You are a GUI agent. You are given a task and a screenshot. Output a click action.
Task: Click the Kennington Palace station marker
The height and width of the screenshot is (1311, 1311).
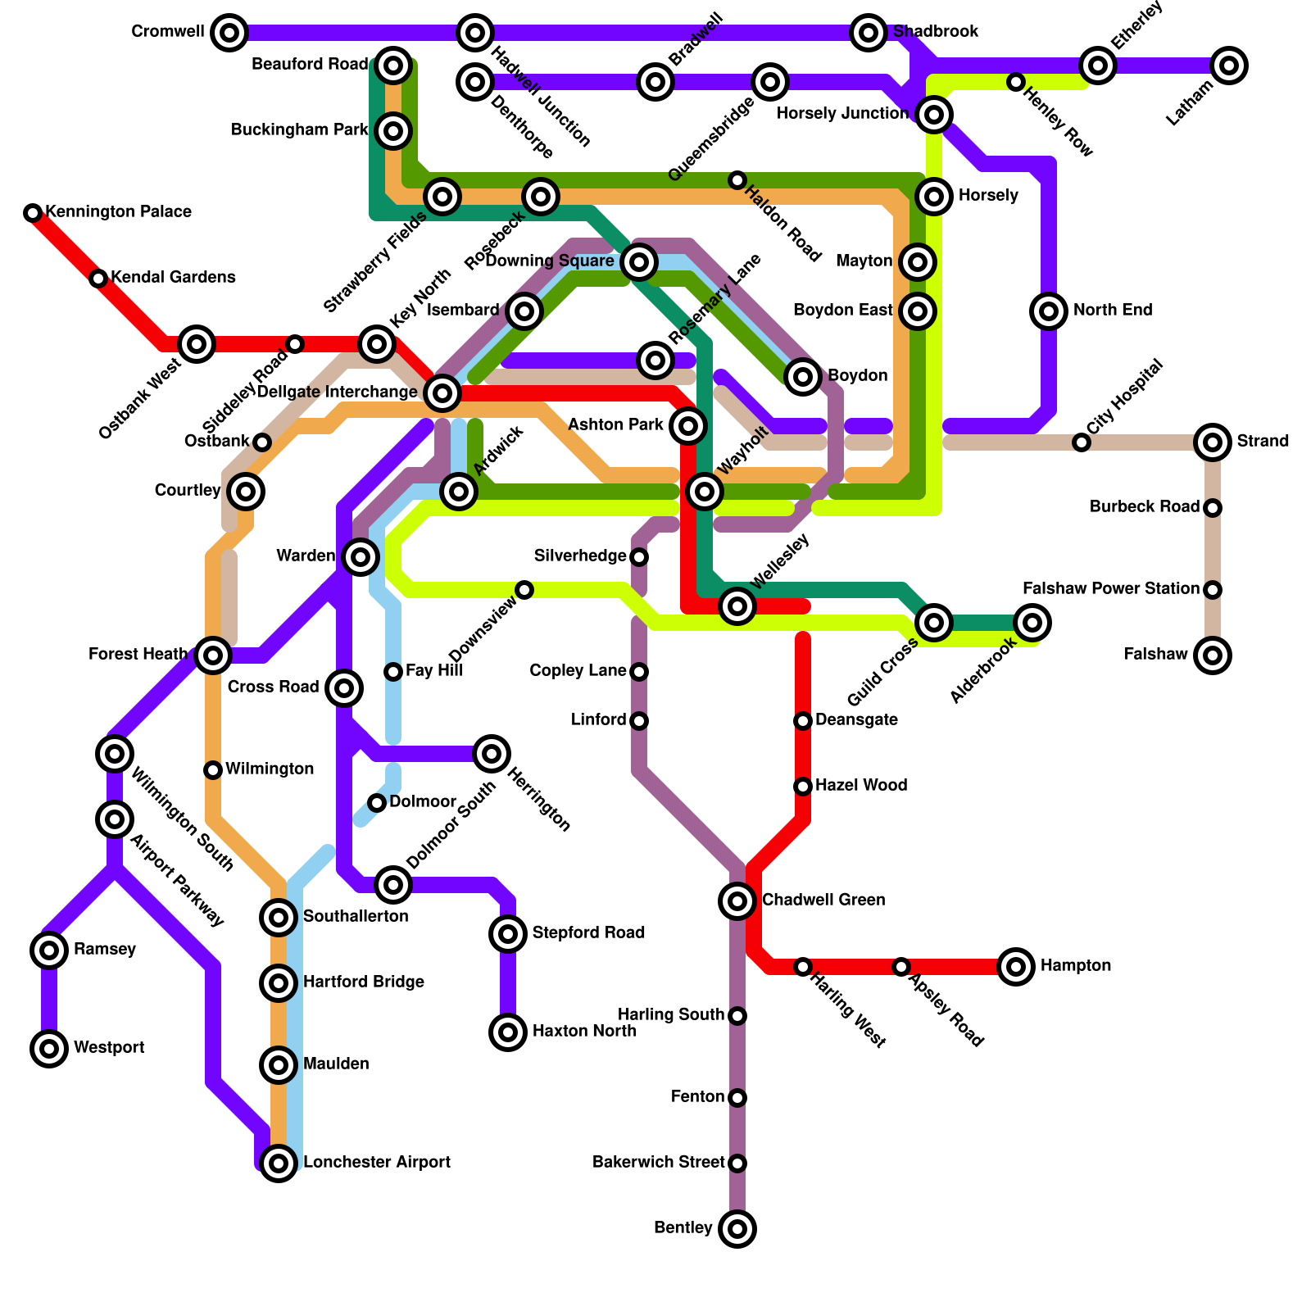[33, 213]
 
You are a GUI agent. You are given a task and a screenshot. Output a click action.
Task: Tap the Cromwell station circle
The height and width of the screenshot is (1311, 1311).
[229, 33]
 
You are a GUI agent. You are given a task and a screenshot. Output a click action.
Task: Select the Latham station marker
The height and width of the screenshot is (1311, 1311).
[1229, 66]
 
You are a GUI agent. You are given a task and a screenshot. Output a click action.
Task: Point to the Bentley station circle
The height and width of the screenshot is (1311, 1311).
[737, 1229]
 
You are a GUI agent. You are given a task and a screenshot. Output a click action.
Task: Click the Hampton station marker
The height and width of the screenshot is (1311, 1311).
[1016, 967]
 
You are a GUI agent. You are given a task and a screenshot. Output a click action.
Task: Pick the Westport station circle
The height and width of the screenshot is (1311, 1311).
[49, 1049]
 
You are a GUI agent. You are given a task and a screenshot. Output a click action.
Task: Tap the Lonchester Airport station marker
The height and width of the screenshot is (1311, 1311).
[279, 1164]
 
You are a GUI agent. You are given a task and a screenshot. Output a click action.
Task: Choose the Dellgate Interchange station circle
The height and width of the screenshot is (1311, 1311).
[442, 393]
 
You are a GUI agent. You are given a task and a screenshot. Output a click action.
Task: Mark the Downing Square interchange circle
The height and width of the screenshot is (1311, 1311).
[639, 262]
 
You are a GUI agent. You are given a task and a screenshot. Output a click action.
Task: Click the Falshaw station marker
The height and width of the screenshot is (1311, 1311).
[1213, 655]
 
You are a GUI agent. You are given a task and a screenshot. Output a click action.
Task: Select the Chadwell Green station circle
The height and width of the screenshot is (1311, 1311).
[737, 901]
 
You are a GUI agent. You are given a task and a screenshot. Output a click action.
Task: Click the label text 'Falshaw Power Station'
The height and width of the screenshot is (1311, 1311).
[1110, 589]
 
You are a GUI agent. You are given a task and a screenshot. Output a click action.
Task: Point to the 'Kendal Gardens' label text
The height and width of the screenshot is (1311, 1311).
[173, 278]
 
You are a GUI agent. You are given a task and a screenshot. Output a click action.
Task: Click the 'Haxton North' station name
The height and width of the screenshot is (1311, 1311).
[583, 1032]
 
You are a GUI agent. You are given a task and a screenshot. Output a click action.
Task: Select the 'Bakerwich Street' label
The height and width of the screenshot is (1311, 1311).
[658, 1163]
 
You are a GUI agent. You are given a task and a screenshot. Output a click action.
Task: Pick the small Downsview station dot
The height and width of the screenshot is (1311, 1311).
[524, 590]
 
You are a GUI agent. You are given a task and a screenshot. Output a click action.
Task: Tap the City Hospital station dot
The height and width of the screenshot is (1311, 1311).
[1082, 442]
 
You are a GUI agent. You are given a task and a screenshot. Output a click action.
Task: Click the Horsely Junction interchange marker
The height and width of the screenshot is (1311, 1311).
[934, 115]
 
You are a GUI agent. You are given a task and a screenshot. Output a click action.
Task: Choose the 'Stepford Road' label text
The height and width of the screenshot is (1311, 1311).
[588, 933]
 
